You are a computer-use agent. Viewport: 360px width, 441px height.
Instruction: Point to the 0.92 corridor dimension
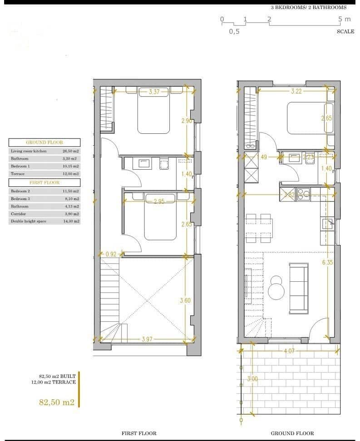111,255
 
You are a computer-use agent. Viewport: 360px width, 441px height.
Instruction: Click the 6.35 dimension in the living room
328,262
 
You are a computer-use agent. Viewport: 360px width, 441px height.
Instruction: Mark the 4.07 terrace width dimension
289,351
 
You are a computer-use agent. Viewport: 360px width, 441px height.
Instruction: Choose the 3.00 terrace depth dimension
252,379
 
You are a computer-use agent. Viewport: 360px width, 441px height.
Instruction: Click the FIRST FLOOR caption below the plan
139,433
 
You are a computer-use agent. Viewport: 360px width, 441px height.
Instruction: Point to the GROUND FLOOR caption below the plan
292,433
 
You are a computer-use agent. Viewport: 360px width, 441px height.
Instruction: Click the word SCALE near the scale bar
345,32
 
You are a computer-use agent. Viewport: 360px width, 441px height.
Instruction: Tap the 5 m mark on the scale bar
345,19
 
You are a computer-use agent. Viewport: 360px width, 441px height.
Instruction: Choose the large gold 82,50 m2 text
57,402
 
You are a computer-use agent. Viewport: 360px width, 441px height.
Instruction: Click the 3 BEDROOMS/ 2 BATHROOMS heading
309,7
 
